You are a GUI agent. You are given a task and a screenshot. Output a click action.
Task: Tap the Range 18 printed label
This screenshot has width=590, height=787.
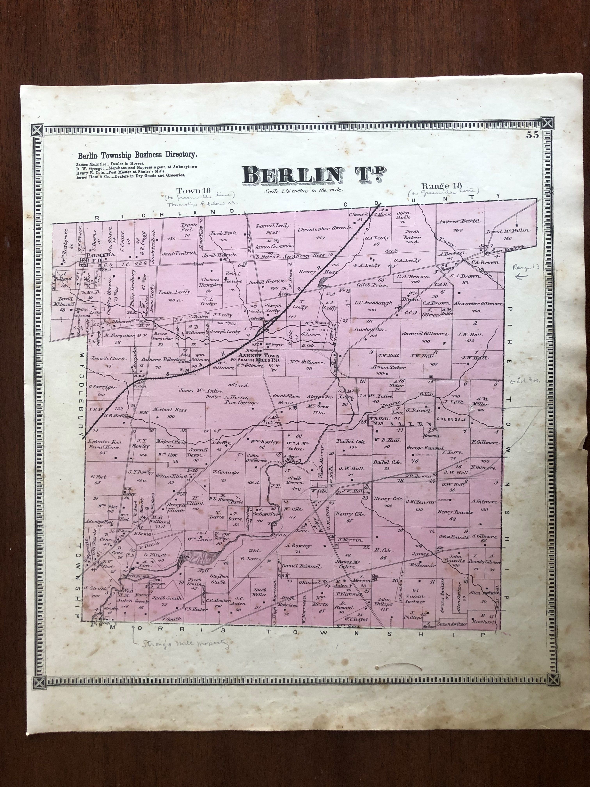(441, 186)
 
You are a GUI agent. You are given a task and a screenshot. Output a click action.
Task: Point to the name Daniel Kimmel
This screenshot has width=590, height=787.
(301, 566)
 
